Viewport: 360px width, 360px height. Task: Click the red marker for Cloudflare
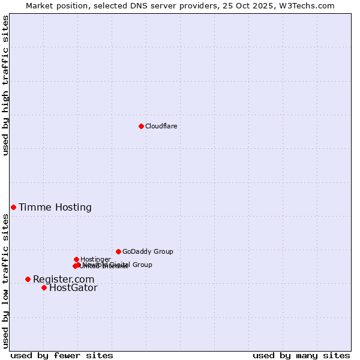coord(141,126)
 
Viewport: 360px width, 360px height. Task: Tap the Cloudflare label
coord(161,126)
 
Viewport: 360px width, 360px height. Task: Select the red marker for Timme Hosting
coord(13,207)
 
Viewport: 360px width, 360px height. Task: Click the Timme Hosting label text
coord(55,208)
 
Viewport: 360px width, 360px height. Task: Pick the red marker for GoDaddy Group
coord(118,251)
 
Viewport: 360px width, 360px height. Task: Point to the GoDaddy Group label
coord(148,252)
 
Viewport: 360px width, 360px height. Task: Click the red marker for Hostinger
coord(76,259)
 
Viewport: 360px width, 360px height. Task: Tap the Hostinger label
coord(95,259)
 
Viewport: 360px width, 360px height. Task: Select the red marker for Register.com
coord(28,279)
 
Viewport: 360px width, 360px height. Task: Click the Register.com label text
coord(64,280)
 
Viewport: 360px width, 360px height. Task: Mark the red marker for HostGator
coord(44,287)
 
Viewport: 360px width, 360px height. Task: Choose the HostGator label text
coord(73,288)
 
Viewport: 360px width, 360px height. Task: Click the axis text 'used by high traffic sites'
coord(5,85)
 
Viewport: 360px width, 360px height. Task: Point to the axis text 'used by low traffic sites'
coord(5,281)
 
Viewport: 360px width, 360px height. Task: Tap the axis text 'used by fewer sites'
coord(62,355)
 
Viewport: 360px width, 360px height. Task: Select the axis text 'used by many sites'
coord(301,355)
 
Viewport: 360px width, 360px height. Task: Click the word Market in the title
coord(38,5)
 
